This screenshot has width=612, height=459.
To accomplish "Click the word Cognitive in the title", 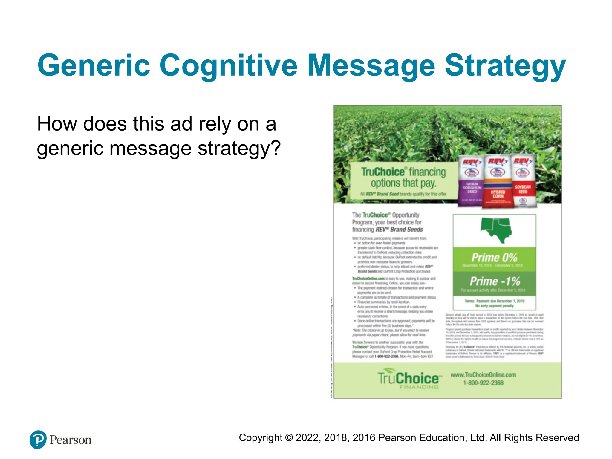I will coord(228,65).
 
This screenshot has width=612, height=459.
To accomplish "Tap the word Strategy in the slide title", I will coord(505,65).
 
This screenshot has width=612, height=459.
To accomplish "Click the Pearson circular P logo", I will coord(38,440).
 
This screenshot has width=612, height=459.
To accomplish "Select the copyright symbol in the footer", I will coord(289,438).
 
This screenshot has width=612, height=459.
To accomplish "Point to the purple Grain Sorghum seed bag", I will coord(471,182).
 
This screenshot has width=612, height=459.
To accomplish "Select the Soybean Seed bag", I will coord(523,181).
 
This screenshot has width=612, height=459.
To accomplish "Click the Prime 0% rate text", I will coord(494,257).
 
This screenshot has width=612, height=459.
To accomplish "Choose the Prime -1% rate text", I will coord(495,281).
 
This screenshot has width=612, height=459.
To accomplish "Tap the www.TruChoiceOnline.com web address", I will coord(483,375).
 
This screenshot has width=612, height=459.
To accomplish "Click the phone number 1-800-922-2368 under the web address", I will coord(483,383).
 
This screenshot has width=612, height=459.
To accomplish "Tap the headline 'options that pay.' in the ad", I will coord(403,183).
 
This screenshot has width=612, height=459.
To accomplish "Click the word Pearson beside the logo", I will coord(71,440).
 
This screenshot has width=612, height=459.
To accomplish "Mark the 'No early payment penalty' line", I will coord(494,306).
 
